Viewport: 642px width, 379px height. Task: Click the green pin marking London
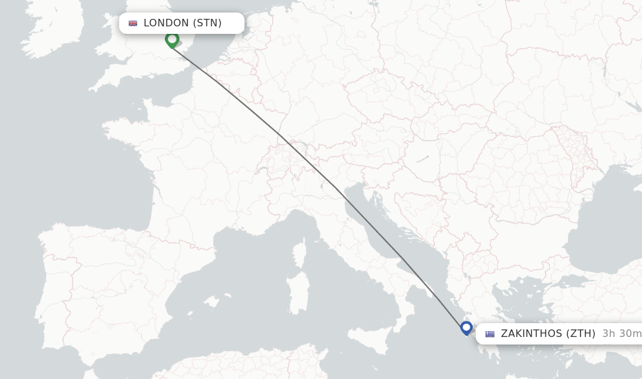pos(172,40)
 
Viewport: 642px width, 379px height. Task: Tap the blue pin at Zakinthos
pos(466,328)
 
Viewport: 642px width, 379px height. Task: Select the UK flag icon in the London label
pos(133,23)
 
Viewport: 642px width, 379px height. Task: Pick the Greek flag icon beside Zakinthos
pos(490,334)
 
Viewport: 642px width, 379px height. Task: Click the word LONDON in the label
pos(166,23)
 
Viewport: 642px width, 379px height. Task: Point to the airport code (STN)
pos(207,23)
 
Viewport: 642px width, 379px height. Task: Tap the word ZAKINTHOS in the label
pos(531,334)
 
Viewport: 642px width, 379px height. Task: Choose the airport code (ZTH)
pos(581,334)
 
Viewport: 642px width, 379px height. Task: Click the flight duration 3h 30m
pos(621,334)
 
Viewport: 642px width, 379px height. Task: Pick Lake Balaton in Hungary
pos(422,159)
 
